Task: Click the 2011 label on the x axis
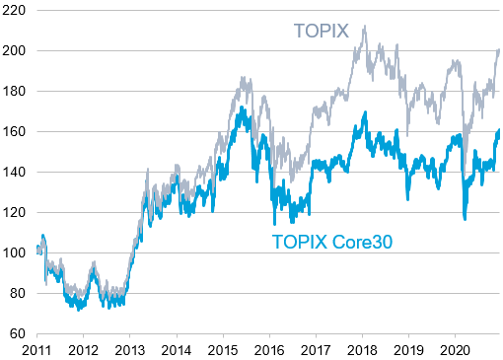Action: (x=36, y=349)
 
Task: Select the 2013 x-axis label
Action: (x=129, y=349)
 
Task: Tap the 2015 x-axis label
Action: (x=223, y=349)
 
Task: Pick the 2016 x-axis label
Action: (x=269, y=349)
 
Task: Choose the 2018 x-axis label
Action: (x=362, y=349)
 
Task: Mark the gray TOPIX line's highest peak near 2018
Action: (x=364, y=27)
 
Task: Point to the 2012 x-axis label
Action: (x=83, y=349)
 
